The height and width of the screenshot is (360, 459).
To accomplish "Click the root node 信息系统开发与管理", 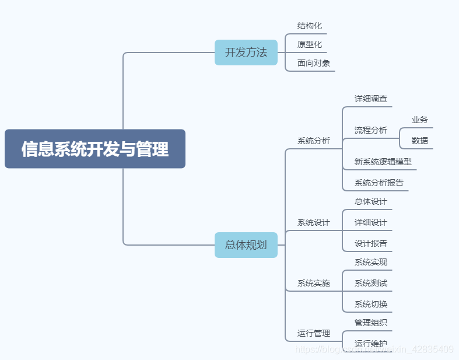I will [95, 149].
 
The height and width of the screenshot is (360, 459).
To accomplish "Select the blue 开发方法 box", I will [246, 53].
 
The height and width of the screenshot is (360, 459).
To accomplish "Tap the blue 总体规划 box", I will [246, 244].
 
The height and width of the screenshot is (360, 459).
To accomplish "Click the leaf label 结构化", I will [309, 26].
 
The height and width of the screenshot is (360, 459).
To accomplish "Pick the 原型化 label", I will [309, 44].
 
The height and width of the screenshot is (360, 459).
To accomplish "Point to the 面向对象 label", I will [313, 63].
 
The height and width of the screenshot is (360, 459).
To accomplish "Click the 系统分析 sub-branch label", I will [313, 141].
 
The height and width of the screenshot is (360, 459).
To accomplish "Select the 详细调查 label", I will [370, 99].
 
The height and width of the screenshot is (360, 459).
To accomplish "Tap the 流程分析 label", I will [370, 130].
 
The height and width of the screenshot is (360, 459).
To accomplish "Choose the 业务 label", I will [419, 120].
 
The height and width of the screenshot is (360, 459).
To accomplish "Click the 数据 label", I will [419, 141].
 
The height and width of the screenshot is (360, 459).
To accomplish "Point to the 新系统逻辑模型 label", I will [383, 162].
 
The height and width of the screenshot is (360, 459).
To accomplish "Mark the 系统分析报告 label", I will [379, 183].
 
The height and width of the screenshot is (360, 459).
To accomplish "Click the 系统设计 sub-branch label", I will [313, 222].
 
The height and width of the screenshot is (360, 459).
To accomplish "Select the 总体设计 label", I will [370, 201].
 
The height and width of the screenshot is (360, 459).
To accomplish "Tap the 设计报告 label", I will [370, 243].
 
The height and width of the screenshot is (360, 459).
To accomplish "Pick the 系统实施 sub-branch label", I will [313, 283].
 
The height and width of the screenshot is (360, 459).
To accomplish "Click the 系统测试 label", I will [370, 283].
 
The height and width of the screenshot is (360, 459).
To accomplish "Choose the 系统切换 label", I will [370, 304].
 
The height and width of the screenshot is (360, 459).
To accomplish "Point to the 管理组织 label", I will [370, 323].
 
